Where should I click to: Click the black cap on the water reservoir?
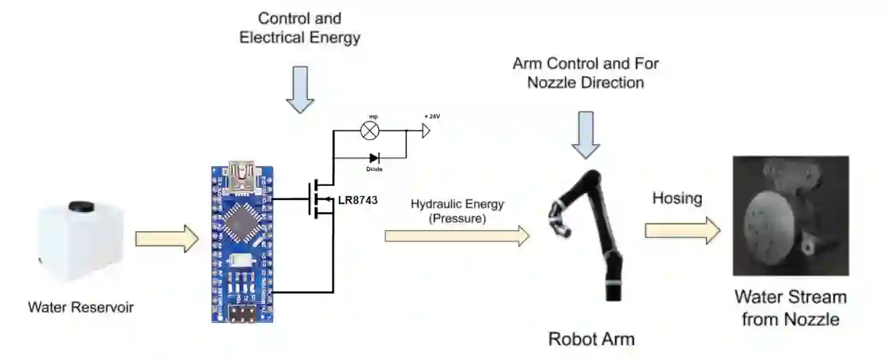pos(79,207)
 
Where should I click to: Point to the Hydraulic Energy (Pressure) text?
pos(457,210)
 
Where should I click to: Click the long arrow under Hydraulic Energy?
pos(457,235)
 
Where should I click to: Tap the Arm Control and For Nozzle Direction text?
pos(586,72)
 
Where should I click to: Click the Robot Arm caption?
pos(591,339)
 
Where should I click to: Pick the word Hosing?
pos(677,199)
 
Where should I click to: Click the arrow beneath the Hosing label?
pos(682,230)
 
